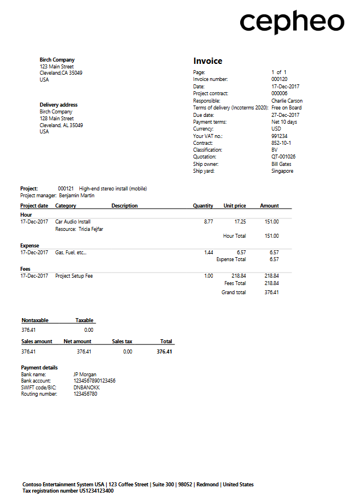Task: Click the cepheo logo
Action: coord(292,22)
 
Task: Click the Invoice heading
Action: coord(208,61)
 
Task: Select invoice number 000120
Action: coord(279,79)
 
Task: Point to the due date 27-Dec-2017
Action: coord(285,115)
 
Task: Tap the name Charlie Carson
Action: coord(286,100)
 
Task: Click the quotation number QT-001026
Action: coord(283,157)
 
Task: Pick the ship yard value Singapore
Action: coord(282,171)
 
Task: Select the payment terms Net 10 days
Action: coord(284,121)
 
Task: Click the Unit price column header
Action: coord(234,206)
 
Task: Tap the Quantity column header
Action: coord(203,206)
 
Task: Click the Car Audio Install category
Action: coord(72,222)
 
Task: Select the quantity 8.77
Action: coord(208,222)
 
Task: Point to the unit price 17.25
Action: coord(240,222)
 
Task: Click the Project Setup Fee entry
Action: coord(74,276)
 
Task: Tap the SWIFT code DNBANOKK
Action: coord(87,388)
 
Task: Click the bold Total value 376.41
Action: coord(164,352)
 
